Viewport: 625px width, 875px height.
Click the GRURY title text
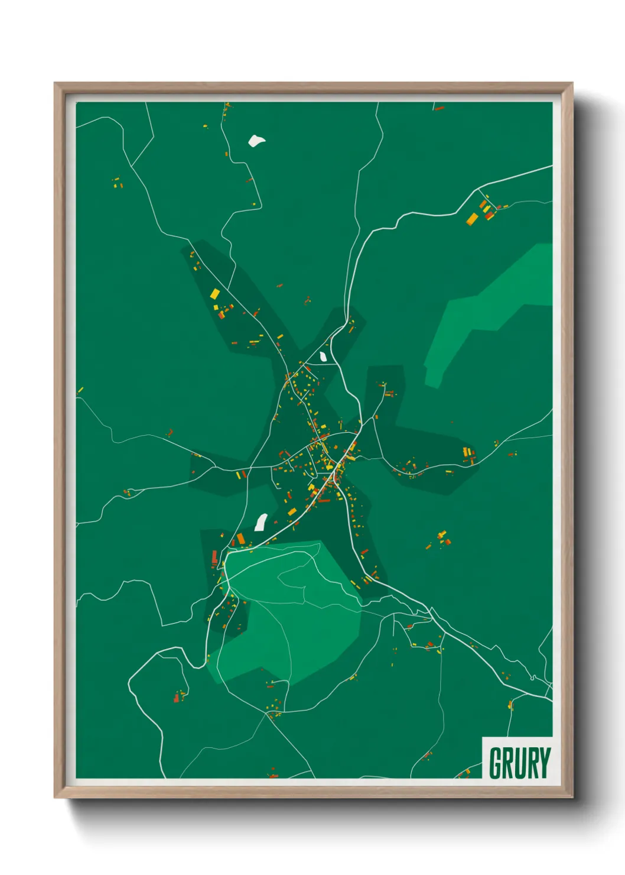pyautogui.click(x=519, y=763)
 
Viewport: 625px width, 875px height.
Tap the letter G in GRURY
pyautogui.click(x=496, y=763)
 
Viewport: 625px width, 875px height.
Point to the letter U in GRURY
pyautogui.click(x=520, y=763)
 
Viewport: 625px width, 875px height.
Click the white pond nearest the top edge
pyautogui.click(x=256, y=141)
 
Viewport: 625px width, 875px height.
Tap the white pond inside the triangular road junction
pyautogui.click(x=323, y=357)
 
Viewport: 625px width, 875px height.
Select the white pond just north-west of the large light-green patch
pyautogui.click(x=261, y=522)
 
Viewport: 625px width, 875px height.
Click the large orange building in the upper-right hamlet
pyautogui.click(x=473, y=219)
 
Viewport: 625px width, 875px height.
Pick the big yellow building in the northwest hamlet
pyautogui.click(x=215, y=294)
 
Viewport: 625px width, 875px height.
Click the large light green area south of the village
pyautogui.click(x=289, y=615)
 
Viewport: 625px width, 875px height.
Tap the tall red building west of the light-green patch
pyautogui.click(x=214, y=557)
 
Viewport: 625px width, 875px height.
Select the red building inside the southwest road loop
pyautogui.click(x=176, y=698)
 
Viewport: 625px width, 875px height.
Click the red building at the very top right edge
pyautogui.click(x=439, y=108)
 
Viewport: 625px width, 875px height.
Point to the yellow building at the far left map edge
pyautogui.click(x=80, y=390)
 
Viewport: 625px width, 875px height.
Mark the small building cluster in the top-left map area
pyautogui.click(x=118, y=183)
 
